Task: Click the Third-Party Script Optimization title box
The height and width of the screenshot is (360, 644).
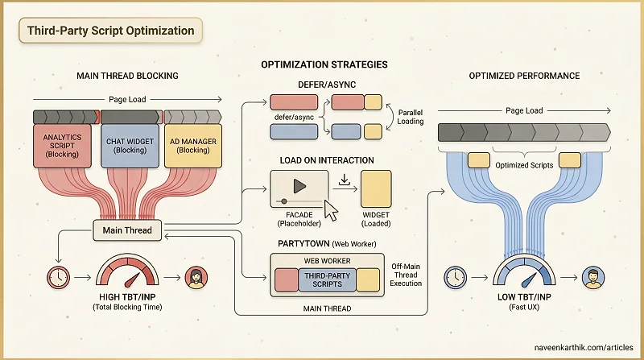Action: pyautogui.click(x=110, y=31)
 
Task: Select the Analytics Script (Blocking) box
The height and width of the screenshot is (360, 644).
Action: pyautogui.click(x=62, y=146)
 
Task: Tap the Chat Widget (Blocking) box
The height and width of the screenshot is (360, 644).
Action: pyautogui.click(x=130, y=146)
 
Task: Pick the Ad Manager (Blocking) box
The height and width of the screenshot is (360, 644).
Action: pyautogui.click(x=193, y=146)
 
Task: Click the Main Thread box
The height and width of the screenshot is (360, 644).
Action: pyautogui.click(x=127, y=230)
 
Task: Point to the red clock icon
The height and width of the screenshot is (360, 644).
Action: pyautogui.click(x=58, y=277)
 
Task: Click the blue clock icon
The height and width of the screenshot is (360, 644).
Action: pyautogui.click(x=455, y=277)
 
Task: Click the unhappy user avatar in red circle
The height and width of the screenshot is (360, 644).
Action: pyautogui.click(x=196, y=277)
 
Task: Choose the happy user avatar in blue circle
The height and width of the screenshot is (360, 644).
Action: pyautogui.click(x=593, y=277)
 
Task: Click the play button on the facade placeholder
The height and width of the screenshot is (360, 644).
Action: pyautogui.click(x=299, y=187)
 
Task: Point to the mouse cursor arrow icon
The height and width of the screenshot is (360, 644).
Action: pyautogui.click(x=331, y=210)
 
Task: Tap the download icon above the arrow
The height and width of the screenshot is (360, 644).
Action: pyautogui.click(x=345, y=180)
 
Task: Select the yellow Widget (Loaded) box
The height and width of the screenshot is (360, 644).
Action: pyautogui.click(x=376, y=189)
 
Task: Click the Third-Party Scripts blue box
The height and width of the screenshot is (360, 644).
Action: pyautogui.click(x=328, y=279)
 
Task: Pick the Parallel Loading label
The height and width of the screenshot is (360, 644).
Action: pyautogui.click(x=411, y=117)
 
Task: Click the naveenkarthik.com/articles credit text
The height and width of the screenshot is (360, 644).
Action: pyautogui.click(x=584, y=347)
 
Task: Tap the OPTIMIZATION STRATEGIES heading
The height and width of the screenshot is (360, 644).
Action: pyautogui.click(x=324, y=64)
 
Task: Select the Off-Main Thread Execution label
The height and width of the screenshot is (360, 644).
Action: pyautogui.click(x=406, y=275)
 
